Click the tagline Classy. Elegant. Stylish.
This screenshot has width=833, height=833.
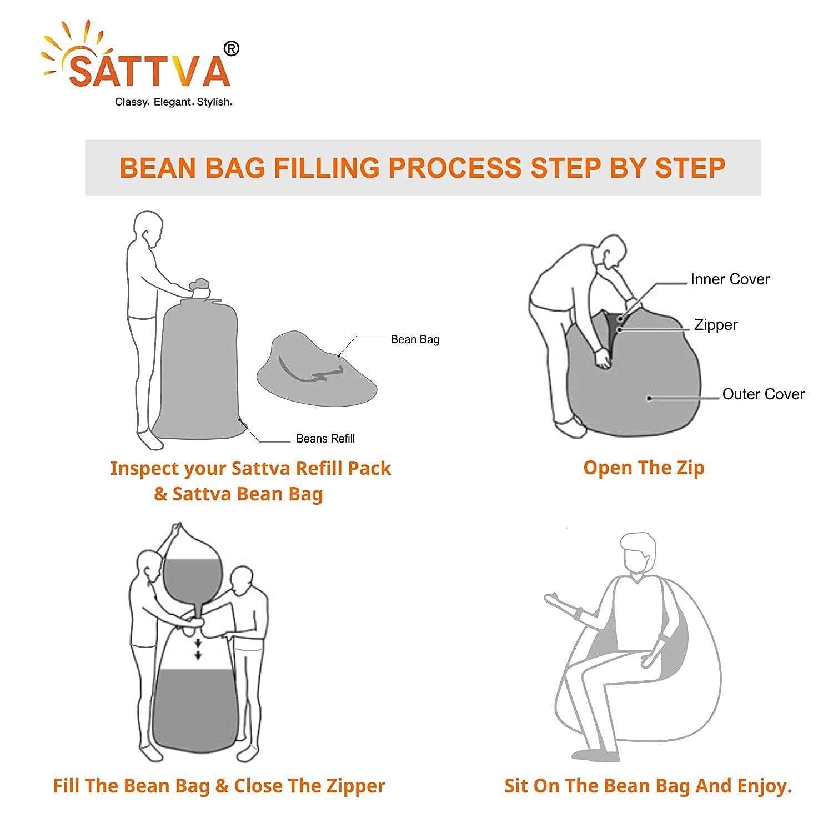click(x=173, y=102)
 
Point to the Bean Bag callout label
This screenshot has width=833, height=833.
click(x=415, y=339)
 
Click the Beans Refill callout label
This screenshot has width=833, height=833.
click(x=325, y=439)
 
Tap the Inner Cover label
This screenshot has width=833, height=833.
click(x=730, y=279)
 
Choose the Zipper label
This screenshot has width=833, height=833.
click(x=716, y=325)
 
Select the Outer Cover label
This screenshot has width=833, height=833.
click(x=764, y=394)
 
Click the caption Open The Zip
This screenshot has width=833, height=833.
click(x=644, y=468)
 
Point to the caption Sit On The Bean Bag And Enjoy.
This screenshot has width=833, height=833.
click(x=648, y=786)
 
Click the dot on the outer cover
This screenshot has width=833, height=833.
click(x=649, y=398)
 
